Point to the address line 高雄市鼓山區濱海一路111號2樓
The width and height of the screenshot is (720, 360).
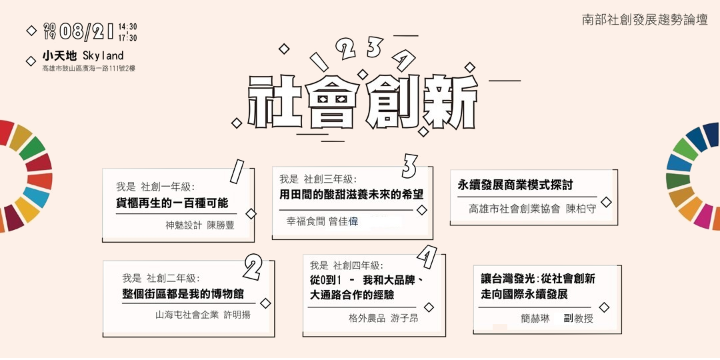(89, 68)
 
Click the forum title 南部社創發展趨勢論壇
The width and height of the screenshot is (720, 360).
(645, 19)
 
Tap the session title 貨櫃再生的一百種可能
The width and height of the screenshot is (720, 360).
(172, 203)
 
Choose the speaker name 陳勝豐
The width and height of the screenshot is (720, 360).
(221, 225)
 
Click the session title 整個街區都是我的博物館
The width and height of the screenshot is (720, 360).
(183, 294)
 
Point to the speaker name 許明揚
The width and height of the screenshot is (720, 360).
(237, 315)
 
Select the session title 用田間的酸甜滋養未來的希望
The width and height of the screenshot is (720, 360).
(351, 195)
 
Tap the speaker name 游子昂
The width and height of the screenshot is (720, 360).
(405, 319)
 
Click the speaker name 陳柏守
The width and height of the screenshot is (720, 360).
(581, 208)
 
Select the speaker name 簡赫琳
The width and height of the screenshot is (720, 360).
(535, 319)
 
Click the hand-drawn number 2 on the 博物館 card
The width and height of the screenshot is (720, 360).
(253, 267)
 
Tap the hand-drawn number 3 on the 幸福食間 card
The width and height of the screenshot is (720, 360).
(409, 167)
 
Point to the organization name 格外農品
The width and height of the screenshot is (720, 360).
(367, 319)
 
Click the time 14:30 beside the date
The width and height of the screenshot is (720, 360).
(127, 27)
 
